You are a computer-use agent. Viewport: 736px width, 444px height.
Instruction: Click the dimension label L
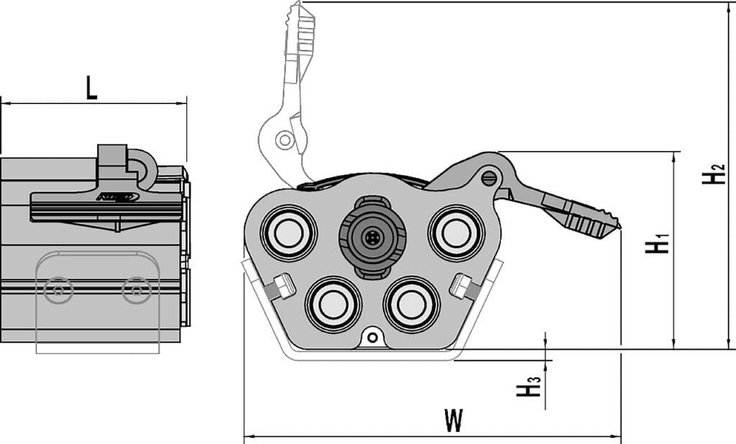pos(91,88)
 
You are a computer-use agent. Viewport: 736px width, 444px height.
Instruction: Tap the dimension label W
pos(452,420)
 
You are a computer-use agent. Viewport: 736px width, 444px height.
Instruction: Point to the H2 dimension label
pos(714,175)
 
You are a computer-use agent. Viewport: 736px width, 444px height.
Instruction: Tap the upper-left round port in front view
pos(288,233)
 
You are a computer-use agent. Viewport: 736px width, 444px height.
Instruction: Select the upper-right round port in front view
pos(454,233)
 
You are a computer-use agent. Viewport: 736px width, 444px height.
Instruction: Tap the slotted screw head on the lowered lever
pos(490,176)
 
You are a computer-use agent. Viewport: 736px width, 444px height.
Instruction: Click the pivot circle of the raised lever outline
pos(285,139)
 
